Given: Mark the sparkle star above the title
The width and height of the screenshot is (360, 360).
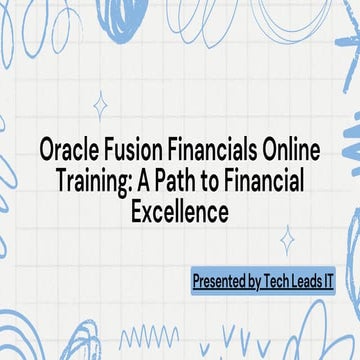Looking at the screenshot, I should pyautogui.click(x=100, y=105).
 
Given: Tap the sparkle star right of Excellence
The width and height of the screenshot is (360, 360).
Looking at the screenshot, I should pyautogui.click(x=287, y=240).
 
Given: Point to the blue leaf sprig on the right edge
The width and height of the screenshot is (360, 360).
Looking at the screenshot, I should pyautogui.click(x=349, y=140).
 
